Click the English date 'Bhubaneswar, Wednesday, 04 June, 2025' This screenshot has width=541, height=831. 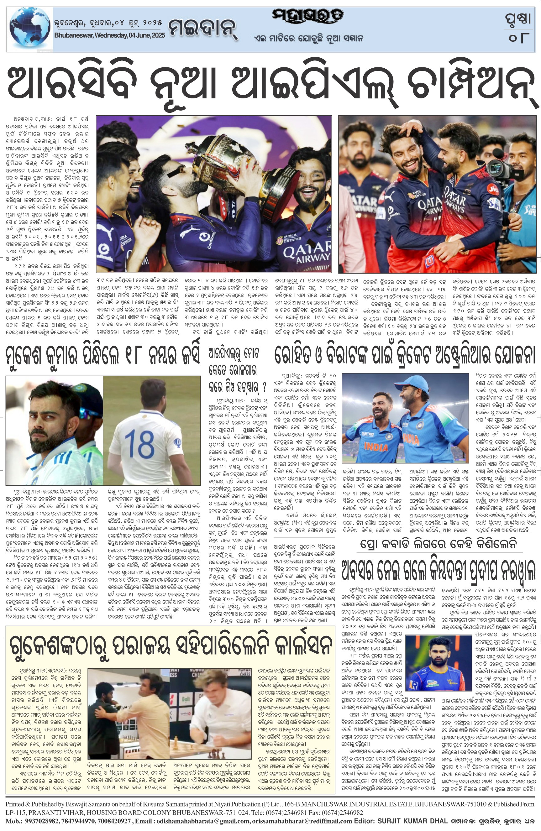[x=110, y=36]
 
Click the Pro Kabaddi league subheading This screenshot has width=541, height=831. [x=443, y=544]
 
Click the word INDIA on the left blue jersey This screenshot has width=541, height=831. [x=376, y=446]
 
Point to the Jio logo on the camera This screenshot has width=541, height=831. [x=493, y=189]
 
